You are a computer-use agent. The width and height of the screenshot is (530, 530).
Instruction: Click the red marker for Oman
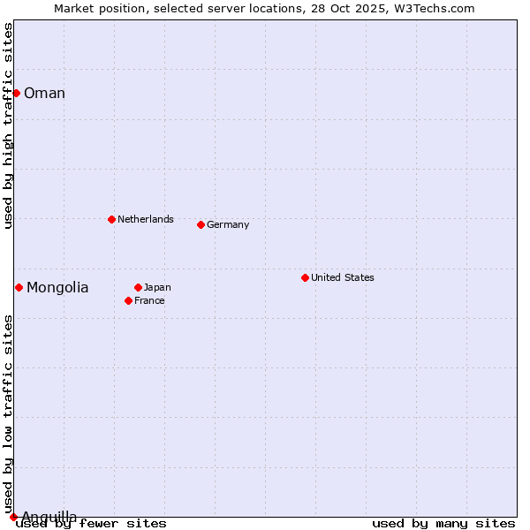point(16,93)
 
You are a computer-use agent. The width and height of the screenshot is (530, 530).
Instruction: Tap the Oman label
point(44,94)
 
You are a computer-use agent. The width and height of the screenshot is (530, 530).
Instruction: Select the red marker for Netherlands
point(111,219)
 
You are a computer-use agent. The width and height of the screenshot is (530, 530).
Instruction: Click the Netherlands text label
point(145,219)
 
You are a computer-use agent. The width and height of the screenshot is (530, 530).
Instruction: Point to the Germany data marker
point(201,224)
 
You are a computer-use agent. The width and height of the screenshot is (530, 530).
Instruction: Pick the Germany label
point(228,224)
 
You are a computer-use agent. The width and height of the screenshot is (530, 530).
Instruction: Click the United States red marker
point(305,277)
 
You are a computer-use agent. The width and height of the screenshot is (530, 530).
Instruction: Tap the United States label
point(342,277)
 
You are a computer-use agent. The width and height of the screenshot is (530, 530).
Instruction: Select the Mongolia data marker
point(19,287)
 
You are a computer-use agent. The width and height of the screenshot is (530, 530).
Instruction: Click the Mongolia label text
point(57,287)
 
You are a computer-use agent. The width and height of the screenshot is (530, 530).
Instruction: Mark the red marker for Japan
point(138,287)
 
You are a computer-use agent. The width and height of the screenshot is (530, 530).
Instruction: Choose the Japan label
point(157,287)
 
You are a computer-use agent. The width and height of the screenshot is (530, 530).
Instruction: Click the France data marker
point(128,300)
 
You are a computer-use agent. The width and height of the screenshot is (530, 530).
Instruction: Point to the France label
point(149,300)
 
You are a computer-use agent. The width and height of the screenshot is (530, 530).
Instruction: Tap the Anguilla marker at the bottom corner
point(13,517)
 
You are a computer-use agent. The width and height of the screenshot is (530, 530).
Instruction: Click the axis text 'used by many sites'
point(443,523)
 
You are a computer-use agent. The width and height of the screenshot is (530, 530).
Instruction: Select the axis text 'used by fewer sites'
point(92,523)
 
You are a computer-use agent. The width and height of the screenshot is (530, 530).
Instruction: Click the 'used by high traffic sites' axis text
point(8,125)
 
